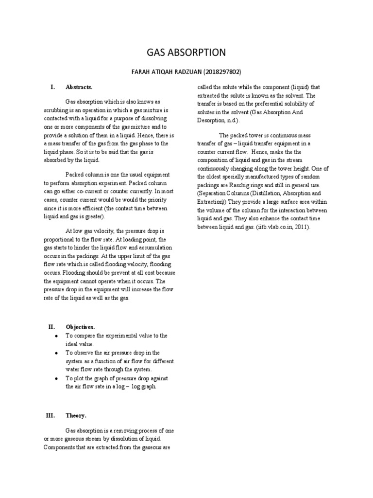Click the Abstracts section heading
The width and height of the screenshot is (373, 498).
[x=79, y=87]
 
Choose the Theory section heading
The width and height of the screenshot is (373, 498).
[x=76, y=416]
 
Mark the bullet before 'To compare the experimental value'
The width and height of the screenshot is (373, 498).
[x=57, y=336]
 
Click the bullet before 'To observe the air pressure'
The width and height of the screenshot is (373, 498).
[x=57, y=353]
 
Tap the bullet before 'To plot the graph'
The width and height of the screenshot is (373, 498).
[x=57, y=378]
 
